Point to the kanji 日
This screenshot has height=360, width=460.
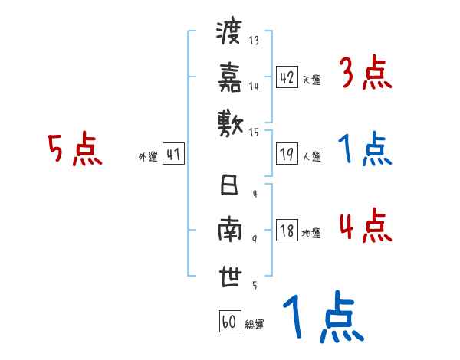click(x=228, y=187)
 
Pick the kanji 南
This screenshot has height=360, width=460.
click(x=229, y=231)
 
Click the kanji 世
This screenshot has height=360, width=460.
click(x=229, y=277)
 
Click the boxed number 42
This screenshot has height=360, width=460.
click(x=287, y=77)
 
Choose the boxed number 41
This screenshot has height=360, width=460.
click(x=173, y=155)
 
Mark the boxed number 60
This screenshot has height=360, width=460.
click(x=229, y=322)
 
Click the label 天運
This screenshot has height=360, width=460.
click(x=311, y=80)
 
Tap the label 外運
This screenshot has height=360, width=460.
click(x=148, y=157)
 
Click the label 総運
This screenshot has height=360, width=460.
click(x=255, y=324)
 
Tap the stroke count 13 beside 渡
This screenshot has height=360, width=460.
click(x=254, y=41)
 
